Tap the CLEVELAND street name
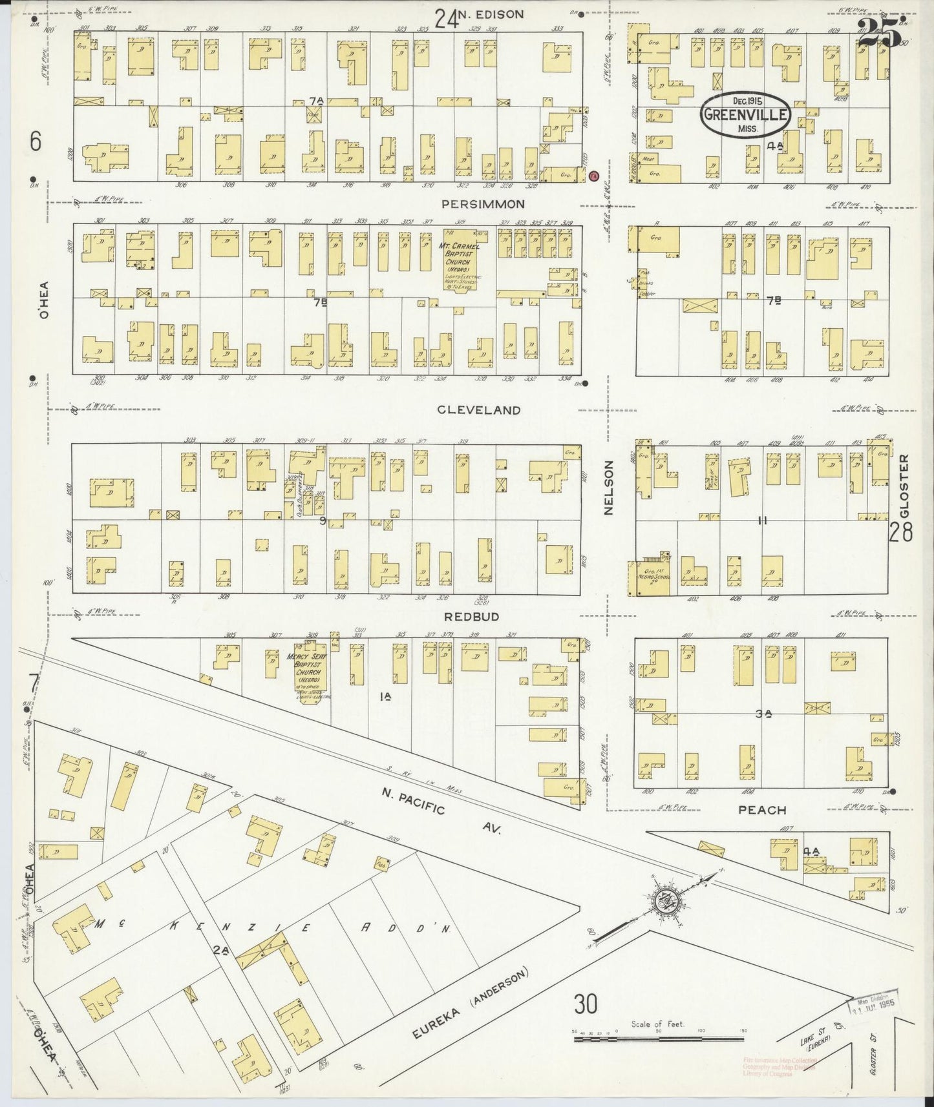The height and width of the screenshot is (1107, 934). point(478,409)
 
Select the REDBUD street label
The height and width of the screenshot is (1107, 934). point(471,617)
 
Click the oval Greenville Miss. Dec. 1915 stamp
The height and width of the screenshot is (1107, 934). point(745,114)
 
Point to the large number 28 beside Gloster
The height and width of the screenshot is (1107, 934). point(901,533)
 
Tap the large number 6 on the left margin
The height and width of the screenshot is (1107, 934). point(36,140)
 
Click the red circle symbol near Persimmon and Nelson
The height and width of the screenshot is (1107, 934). point(595,175)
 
